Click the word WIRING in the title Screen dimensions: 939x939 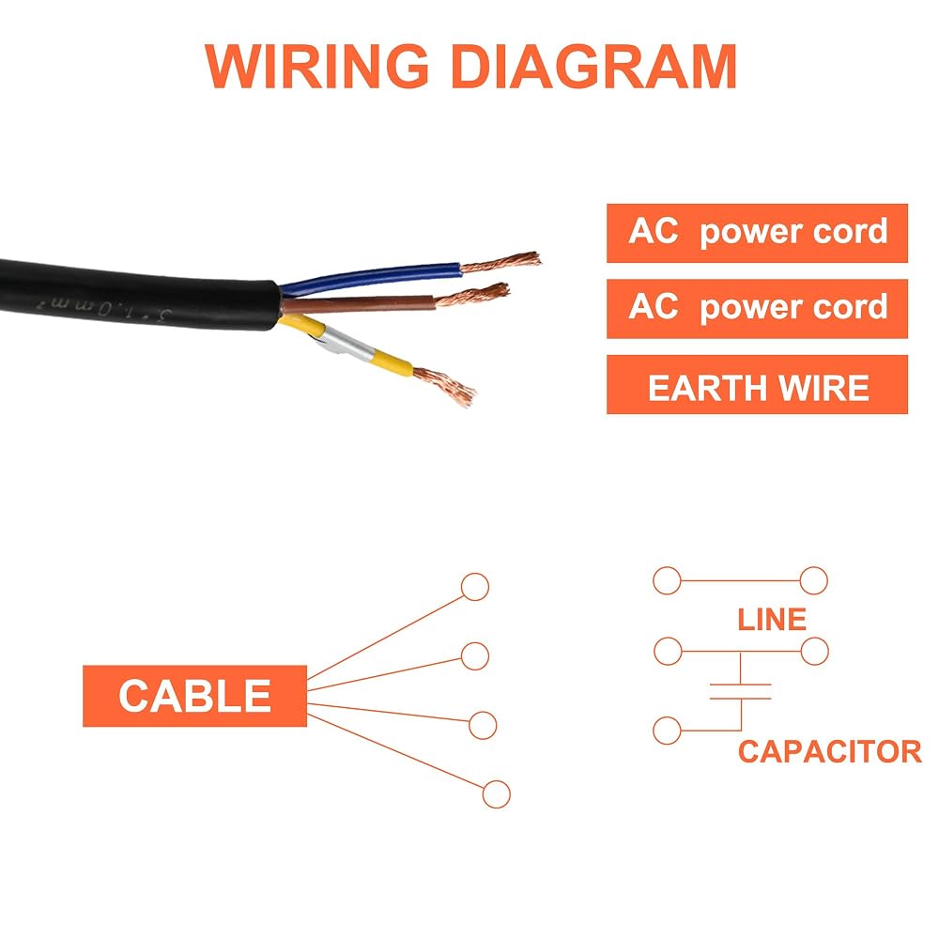tap(317, 66)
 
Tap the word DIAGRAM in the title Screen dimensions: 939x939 tap(593, 66)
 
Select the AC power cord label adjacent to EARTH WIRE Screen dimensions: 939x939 tap(757, 308)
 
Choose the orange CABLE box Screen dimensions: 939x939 tap(194, 696)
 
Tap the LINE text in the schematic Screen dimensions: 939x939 tap(772, 619)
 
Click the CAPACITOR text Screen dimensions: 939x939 tap(829, 751)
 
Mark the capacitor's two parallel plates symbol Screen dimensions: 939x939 tap(741, 691)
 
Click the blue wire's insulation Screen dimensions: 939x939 tap(371, 277)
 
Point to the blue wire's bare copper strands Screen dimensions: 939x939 tap(500, 262)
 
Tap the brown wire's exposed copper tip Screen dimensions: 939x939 tap(473, 295)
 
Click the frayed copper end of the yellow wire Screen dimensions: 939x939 tap(445, 385)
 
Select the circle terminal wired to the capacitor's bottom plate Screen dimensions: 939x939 tap(667, 730)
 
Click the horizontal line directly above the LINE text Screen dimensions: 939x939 tap(740, 580)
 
